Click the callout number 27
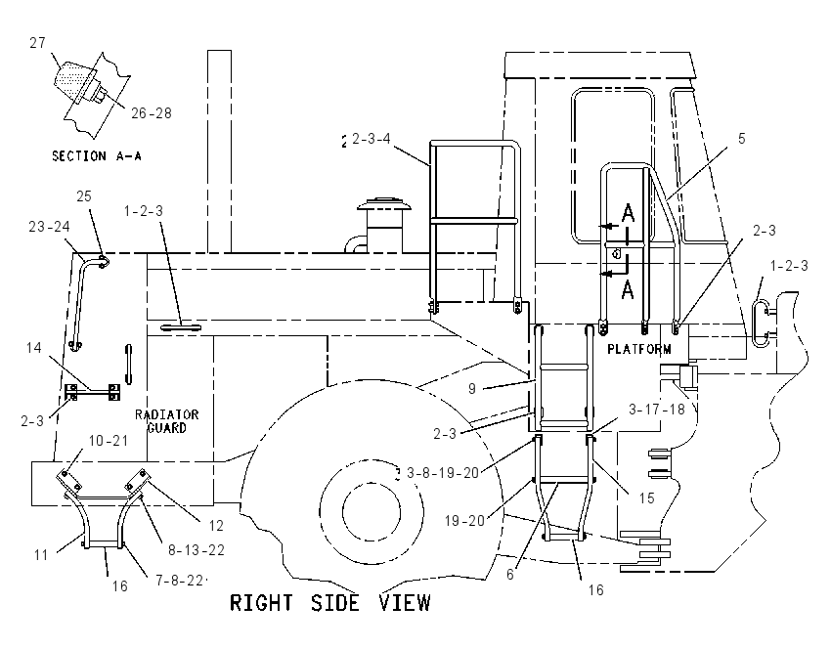[37, 42]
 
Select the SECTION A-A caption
[97, 156]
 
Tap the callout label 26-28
[152, 113]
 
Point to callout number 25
[84, 196]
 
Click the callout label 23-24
[49, 227]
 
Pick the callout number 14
[34, 348]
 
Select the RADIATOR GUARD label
[167, 421]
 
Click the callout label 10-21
[109, 441]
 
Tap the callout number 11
[41, 555]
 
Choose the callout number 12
[216, 526]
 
